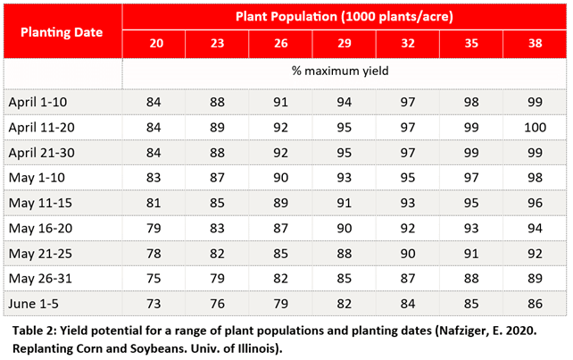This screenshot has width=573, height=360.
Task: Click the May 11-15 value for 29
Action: click(345, 204)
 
